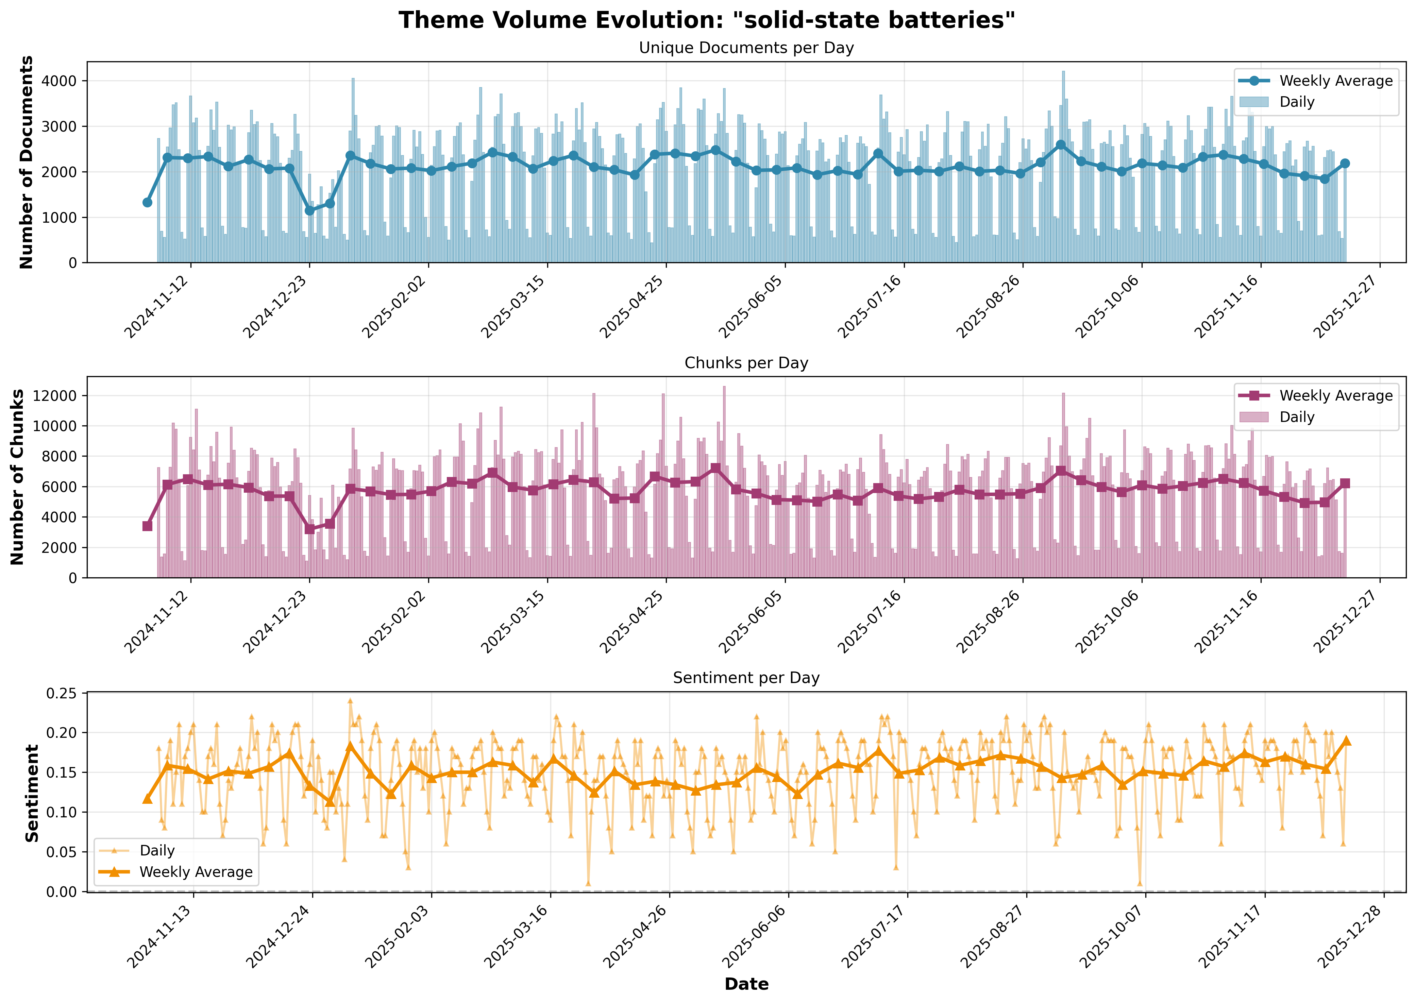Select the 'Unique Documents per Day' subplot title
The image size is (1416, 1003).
pos(746,48)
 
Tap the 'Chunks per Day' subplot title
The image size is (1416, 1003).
pos(746,363)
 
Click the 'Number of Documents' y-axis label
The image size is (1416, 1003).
pos(27,163)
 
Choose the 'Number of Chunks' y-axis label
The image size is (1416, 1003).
pos(18,477)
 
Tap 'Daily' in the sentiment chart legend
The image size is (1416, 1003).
pos(157,850)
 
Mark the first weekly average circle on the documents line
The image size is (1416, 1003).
pos(147,203)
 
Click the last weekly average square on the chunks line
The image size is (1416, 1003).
pos(1345,483)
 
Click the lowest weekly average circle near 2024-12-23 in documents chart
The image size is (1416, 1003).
pos(310,210)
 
